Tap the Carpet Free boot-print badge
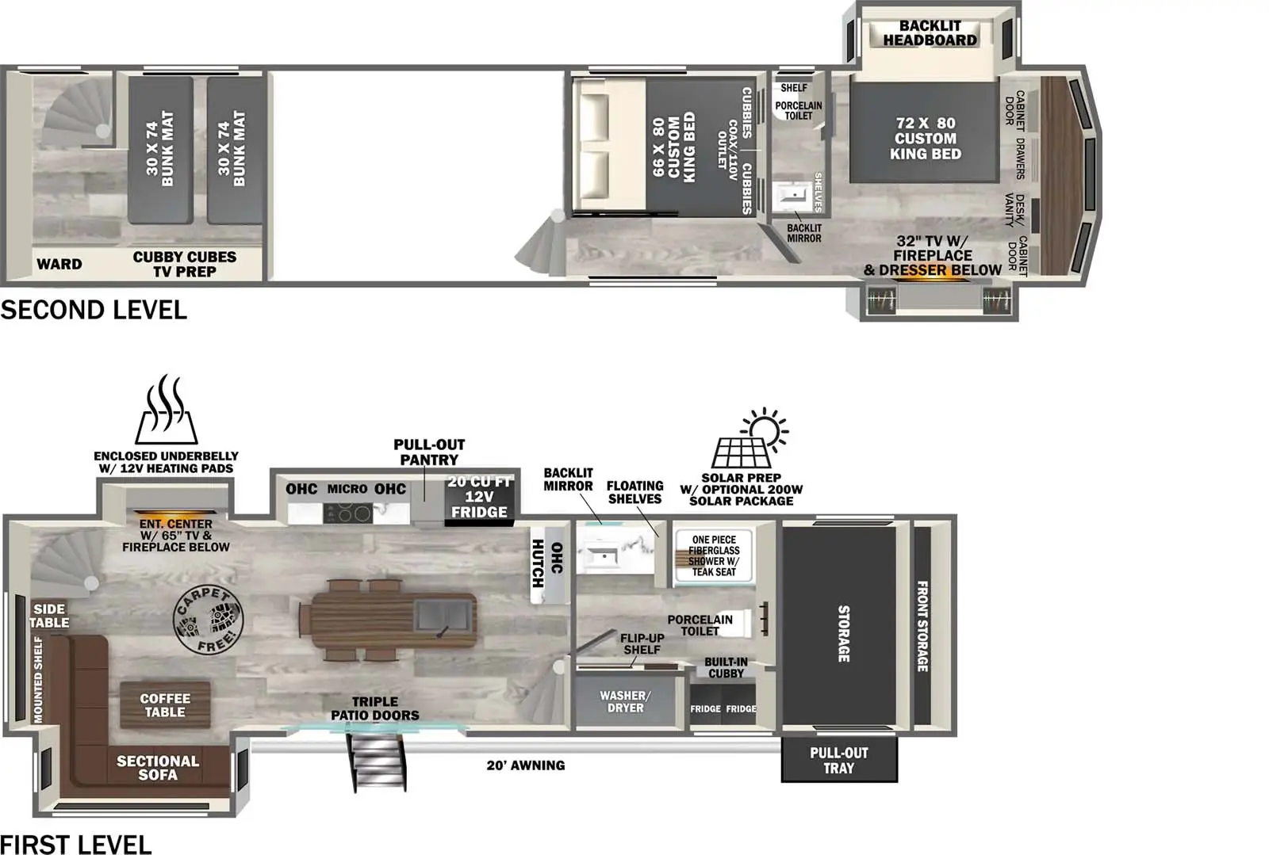point(208,619)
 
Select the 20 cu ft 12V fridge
point(479,497)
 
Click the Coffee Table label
point(165,705)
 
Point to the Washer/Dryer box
point(625,702)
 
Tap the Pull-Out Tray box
point(838,760)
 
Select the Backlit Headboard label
point(930,33)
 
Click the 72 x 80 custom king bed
point(925,139)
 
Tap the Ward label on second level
point(59,264)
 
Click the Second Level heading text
point(94,310)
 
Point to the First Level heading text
point(76,844)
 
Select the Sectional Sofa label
point(158,767)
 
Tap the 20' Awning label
point(526,765)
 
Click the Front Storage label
point(922,626)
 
